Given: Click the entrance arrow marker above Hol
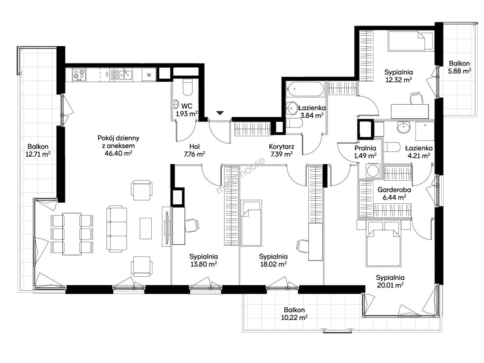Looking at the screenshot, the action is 220,113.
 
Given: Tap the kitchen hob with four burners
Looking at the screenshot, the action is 79,75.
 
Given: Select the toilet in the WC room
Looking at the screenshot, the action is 188,87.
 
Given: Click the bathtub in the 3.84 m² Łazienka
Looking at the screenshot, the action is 305,89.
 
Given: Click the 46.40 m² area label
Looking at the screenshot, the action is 118,153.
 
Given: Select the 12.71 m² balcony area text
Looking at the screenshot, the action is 38,154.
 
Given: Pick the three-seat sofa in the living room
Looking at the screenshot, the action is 117,229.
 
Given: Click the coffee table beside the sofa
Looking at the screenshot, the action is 146,228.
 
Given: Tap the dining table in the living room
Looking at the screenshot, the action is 72,234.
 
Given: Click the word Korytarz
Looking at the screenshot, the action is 282,147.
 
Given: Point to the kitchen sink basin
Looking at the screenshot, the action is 126,75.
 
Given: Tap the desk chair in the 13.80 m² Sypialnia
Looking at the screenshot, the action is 192,225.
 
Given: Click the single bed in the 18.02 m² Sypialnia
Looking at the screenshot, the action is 251,223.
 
